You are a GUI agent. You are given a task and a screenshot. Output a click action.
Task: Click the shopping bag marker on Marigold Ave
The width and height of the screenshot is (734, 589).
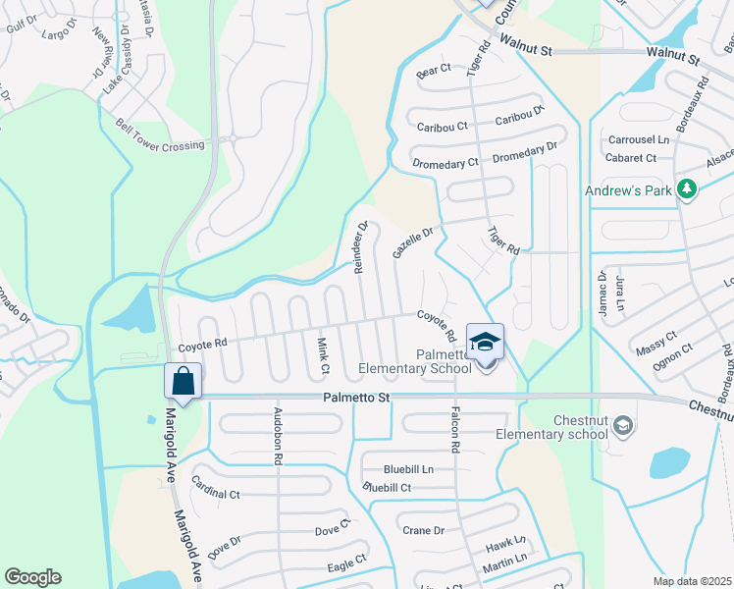(183, 380)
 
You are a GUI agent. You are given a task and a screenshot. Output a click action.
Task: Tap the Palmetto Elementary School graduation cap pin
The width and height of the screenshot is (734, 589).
(486, 342)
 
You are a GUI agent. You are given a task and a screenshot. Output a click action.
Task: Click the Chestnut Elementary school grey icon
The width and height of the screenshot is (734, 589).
(623, 425)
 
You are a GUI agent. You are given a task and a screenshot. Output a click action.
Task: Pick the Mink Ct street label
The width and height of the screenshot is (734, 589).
(322, 354)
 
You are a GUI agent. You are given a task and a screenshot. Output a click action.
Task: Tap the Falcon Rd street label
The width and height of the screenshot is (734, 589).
(454, 429)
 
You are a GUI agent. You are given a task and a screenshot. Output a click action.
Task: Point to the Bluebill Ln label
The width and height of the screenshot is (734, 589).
(408, 469)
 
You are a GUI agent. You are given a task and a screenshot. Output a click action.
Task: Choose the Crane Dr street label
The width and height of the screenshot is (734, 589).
(424, 530)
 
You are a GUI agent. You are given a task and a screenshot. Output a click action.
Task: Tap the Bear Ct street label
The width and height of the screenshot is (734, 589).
(433, 71)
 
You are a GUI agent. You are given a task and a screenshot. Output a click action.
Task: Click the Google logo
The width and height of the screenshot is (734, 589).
(32, 577)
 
